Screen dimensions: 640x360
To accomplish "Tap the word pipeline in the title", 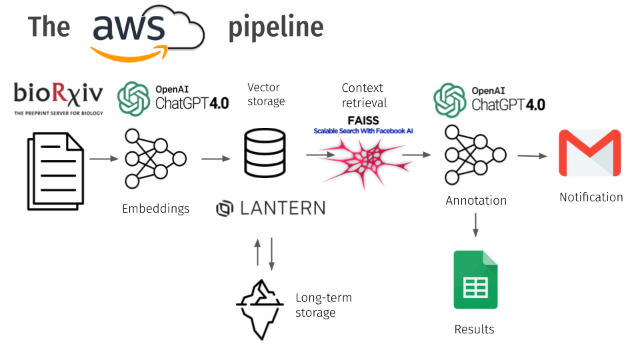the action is pos(276,27).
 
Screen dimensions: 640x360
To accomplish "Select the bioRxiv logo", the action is pos(59,99).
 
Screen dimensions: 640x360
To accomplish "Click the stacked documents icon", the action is pos(55,171).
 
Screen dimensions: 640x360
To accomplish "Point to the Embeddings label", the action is pos(155,209).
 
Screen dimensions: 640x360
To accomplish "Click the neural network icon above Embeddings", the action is pos(155,159).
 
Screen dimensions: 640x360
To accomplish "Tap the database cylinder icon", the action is pos(265,153).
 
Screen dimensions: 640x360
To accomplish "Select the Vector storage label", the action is pos(266,94).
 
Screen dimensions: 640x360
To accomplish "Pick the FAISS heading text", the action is pos(363,121).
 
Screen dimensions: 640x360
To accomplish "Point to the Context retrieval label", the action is pos(364,95).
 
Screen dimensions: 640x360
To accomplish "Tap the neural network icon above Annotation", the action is pos(475,155).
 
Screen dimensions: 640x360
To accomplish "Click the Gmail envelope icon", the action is pos(590,153).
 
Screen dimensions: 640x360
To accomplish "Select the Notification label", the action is pos(591,197).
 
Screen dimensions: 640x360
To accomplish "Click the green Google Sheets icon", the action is pos(475,279).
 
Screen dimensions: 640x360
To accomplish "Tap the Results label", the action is pos(474,329).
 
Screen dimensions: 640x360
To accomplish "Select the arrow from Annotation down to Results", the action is pos(475,225).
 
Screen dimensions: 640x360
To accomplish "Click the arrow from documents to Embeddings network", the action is pos(104,159).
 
